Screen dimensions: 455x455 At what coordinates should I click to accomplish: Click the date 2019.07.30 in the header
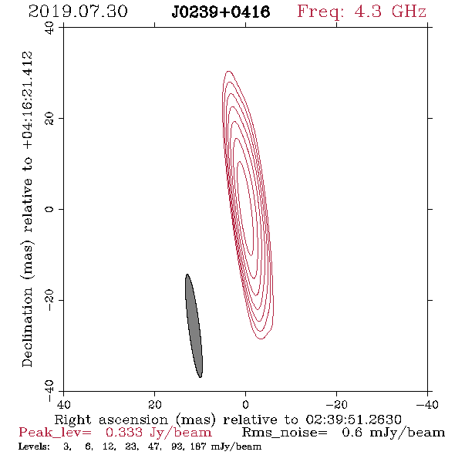click(78, 12)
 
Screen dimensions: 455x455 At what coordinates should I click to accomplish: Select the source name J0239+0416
click(221, 12)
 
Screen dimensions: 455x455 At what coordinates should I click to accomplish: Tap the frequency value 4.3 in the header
click(368, 12)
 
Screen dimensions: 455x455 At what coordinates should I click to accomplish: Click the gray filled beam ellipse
click(194, 325)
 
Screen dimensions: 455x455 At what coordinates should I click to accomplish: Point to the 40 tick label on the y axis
click(49, 28)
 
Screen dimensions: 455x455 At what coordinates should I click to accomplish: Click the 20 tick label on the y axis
click(49, 119)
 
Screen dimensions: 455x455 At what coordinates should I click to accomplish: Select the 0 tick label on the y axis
click(49, 209)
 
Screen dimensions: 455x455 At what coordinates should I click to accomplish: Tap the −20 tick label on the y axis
click(49, 300)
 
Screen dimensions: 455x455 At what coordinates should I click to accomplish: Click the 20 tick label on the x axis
click(155, 404)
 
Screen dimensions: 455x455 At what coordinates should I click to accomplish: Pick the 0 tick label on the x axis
click(245, 404)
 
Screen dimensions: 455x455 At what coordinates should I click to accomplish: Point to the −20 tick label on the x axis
click(336, 404)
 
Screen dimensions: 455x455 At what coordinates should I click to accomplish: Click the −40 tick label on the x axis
click(427, 404)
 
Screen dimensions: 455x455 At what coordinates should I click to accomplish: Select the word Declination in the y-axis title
click(27, 327)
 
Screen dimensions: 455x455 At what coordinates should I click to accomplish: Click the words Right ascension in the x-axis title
click(111, 420)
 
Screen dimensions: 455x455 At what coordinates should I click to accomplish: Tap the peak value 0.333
click(124, 433)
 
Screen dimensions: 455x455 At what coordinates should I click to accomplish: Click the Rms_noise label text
click(285, 433)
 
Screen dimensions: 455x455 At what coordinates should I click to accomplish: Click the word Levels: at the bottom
click(34, 446)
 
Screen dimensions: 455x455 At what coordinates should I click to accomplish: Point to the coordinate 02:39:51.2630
click(353, 420)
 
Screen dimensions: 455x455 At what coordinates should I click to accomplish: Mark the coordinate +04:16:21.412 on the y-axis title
click(28, 100)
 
